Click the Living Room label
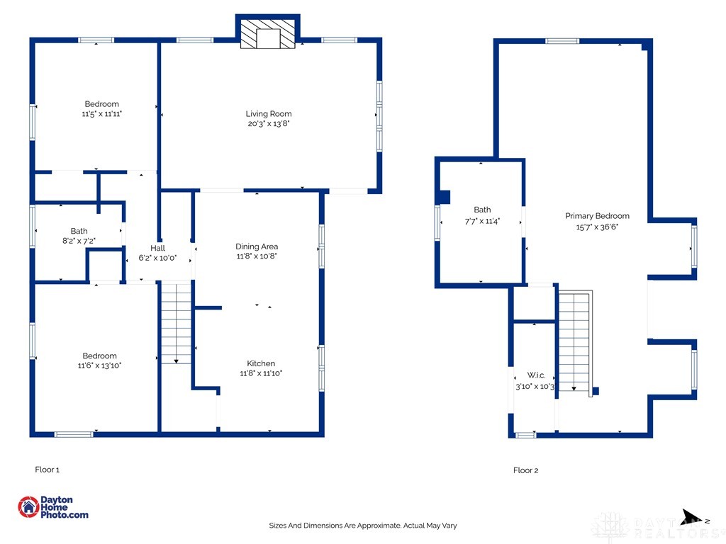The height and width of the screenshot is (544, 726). pyautogui.click(x=269, y=114)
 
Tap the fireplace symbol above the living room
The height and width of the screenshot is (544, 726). pyautogui.click(x=267, y=33)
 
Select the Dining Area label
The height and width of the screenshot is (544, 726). pyautogui.click(x=257, y=246)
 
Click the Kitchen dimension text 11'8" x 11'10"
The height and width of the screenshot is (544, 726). pyautogui.click(x=261, y=373)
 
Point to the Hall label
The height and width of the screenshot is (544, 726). pyautogui.click(x=157, y=248)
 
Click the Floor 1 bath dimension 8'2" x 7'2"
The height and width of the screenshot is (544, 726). pyautogui.click(x=79, y=241)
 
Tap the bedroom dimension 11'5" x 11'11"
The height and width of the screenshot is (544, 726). pyautogui.click(x=102, y=114)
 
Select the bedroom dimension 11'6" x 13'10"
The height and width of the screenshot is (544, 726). pyautogui.click(x=99, y=365)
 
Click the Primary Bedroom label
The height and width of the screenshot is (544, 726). pyautogui.click(x=597, y=216)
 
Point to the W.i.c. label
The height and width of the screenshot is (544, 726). pyautogui.click(x=536, y=375)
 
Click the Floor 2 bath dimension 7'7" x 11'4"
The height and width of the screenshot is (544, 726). pyautogui.click(x=482, y=222)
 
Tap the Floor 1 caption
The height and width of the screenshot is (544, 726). pyautogui.click(x=48, y=470)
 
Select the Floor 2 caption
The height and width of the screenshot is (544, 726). pyautogui.click(x=525, y=470)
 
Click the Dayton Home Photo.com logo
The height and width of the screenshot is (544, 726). pyautogui.click(x=52, y=507)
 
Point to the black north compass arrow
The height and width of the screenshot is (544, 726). pyautogui.click(x=693, y=517)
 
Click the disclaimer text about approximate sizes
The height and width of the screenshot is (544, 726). pyautogui.click(x=363, y=526)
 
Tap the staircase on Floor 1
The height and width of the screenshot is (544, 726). pyautogui.click(x=176, y=323)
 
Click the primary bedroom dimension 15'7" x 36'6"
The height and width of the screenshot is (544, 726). pyautogui.click(x=597, y=227)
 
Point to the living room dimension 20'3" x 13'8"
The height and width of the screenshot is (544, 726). pyautogui.click(x=269, y=124)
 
